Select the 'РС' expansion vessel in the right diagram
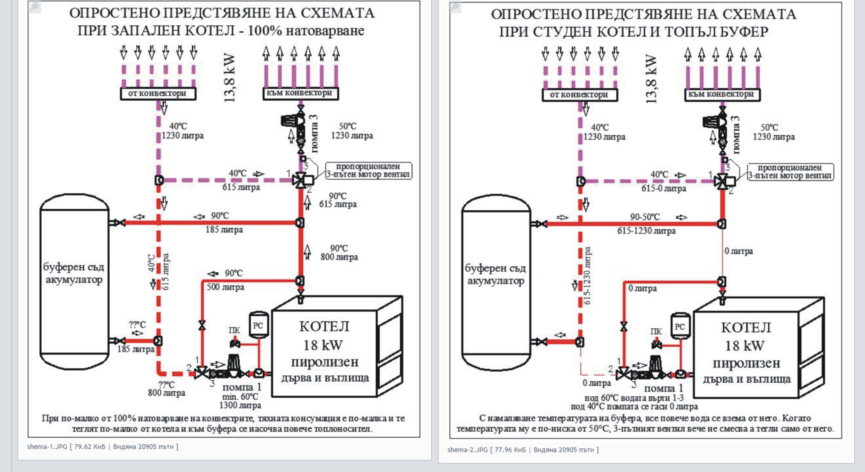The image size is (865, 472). point(680,327)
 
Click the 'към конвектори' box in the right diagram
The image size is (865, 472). point(722,94)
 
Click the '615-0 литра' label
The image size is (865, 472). point(664,189)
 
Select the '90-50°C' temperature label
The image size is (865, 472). point(645,217)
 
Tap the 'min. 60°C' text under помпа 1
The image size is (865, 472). point(240,397)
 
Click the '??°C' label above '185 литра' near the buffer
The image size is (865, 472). point(137,325)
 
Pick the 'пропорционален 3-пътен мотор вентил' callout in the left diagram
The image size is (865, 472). point(368,170)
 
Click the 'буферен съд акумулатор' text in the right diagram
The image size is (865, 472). point(495,274)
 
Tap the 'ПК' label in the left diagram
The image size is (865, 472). point(234,330)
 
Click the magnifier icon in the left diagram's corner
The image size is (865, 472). point(34,6)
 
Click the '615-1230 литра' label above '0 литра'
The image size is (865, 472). point(587,276)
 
